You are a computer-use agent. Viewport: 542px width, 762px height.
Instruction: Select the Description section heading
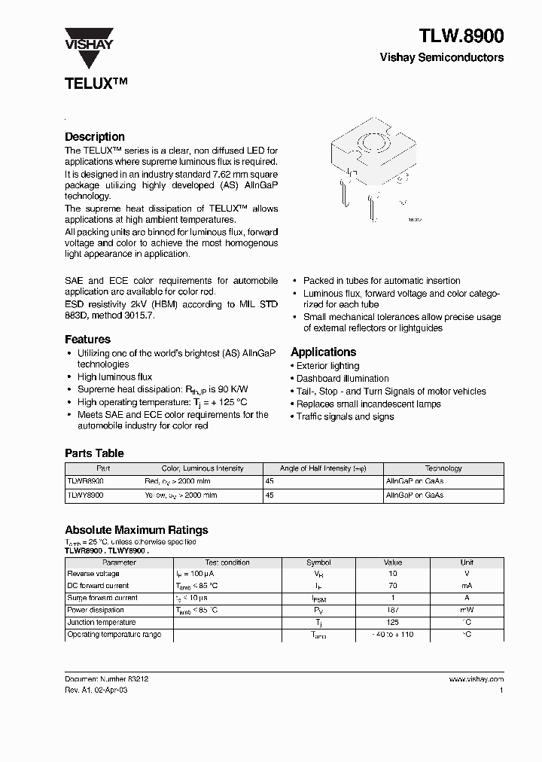95,137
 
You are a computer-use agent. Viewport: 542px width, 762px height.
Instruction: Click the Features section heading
87,340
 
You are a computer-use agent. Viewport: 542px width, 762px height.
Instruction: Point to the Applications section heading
323,352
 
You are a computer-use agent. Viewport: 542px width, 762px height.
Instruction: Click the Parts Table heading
94,453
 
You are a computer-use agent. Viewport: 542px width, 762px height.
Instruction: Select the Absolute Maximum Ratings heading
136,530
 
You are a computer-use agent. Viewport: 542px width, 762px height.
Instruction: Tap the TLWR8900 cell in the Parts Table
86,480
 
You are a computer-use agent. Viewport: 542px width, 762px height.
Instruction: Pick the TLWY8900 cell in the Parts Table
86,495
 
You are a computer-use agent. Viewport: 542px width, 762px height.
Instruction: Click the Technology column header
443,468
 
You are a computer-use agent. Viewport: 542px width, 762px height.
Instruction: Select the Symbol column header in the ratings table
318,562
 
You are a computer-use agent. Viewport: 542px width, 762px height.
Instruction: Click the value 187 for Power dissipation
393,610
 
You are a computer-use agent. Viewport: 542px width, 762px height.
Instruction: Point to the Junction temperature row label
102,623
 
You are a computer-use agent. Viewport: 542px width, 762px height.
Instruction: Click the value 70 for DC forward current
393,585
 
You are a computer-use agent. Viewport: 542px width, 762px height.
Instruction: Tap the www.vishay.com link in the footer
476,679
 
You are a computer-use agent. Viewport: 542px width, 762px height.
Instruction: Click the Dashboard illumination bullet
343,379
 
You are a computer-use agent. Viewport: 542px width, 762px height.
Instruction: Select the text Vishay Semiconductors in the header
441,58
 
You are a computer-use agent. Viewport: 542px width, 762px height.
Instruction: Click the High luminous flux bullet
114,377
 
